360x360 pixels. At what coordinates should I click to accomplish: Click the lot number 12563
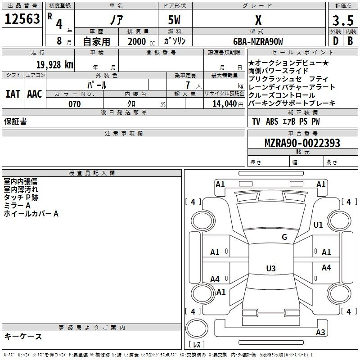pos(22,19)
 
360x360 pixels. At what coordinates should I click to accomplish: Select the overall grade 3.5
pos(343,20)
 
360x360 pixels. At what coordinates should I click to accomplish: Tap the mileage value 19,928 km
pos(54,65)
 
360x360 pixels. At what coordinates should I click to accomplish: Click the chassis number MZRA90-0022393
pos(302,143)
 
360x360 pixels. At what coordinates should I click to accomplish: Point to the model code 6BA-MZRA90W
pos(258,41)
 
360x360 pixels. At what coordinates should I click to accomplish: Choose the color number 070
pos(75,104)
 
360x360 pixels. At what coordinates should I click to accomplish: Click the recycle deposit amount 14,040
pos(225,104)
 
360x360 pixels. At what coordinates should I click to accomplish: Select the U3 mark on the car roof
pos(271,268)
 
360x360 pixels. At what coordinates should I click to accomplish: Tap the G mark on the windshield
pos(284,237)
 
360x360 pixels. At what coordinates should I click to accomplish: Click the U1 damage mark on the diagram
pos(318,225)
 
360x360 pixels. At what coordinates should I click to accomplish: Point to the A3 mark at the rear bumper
pos(320,332)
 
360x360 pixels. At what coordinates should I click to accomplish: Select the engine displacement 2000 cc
pos(141,42)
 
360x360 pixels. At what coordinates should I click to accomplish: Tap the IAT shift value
pos(13,94)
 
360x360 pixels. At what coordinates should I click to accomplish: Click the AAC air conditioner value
pos(35,94)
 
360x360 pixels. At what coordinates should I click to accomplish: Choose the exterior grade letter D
pos(336,41)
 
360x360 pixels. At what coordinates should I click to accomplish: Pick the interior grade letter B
pos(350,41)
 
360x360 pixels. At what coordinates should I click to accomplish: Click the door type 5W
pos(174,20)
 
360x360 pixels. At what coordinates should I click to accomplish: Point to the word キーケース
pos(23,336)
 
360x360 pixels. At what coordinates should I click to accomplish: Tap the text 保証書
pos(15,121)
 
